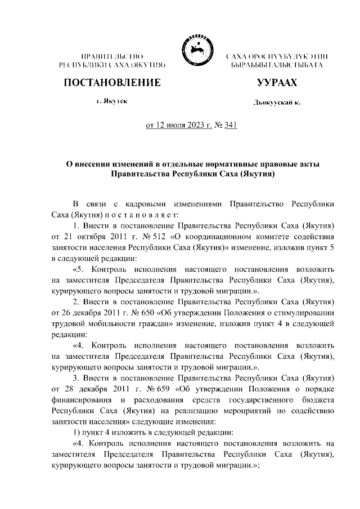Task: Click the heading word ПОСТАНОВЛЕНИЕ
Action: (112, 83)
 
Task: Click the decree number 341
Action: (230, 125)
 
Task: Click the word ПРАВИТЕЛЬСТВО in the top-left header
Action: (112, 57)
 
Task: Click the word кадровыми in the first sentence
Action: (133, 203)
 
